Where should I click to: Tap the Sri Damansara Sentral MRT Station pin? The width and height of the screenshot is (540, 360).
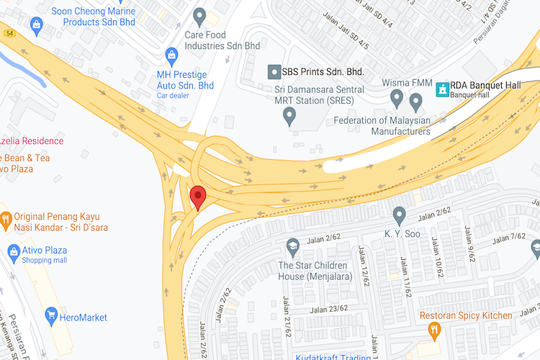coord(289,116)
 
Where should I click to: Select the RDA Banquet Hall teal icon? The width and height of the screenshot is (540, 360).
coord(441,89)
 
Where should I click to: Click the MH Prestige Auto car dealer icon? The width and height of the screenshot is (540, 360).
coord(171,54)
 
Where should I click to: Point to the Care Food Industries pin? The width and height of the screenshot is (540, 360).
coord(200,15)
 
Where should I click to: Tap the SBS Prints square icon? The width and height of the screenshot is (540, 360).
coord(274,72)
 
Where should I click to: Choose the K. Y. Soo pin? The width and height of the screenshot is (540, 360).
coord(400,215)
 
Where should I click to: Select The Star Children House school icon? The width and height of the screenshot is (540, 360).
coord(292,247)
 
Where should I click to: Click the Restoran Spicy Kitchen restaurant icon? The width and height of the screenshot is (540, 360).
coord(433,330)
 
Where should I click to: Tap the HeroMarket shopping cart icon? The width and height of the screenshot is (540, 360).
coord(51,315)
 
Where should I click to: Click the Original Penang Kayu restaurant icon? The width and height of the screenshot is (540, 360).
coord(5,217)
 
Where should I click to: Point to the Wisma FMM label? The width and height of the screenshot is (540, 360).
coord(406,82)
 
